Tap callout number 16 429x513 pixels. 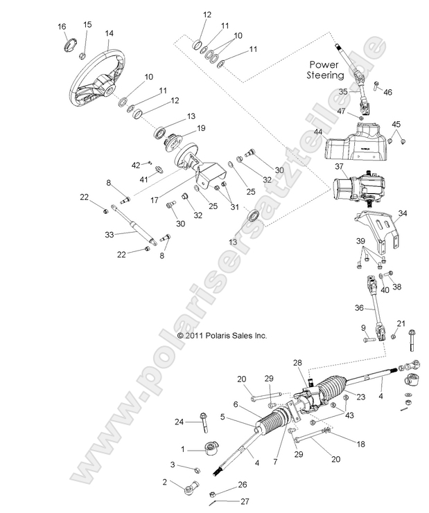(62, 26)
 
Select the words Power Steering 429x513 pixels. (327, 69)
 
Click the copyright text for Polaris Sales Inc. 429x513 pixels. (222, 336)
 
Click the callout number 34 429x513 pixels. (403, 213)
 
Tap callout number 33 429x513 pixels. (109, 235)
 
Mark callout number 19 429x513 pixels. (201, 128)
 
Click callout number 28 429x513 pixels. (297, 363)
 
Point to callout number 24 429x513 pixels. (179, 421)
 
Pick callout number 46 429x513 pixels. (387, 91)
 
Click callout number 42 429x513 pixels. (137, 164)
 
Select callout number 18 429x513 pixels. (341, 444)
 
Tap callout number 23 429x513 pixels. (341, 397)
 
